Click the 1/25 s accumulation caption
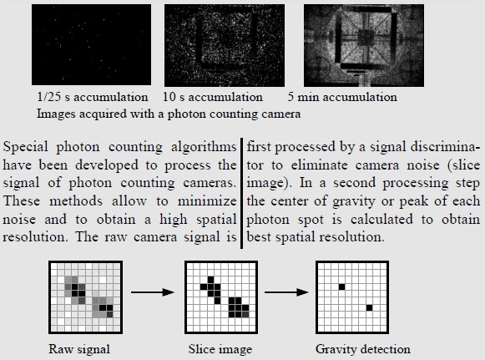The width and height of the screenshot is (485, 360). click(92, 97)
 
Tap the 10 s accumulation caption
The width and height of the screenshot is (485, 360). click(213, 97)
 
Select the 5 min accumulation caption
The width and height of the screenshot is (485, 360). click(342, 97)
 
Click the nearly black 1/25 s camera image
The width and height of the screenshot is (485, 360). click(92, 44)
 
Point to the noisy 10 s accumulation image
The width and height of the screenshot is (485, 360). click(225, 45)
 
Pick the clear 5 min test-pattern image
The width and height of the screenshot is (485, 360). click(364, 45)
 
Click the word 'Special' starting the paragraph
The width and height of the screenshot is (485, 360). click(26, 147)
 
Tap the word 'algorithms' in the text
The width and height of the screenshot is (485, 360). click(204, 147)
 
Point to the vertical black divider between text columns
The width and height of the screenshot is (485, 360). click(241, 194)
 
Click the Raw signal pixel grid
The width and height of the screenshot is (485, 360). click(85, 297)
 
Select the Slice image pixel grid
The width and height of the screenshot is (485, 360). click(221, 297)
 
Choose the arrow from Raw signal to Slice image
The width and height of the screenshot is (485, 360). click(153, 292)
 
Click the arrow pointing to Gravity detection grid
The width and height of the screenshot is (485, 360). click(286, 292)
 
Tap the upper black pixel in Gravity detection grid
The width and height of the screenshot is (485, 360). click(341, 287)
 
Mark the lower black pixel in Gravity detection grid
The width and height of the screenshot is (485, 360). click(369, 307)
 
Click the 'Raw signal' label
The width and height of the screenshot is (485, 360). click(79, 349)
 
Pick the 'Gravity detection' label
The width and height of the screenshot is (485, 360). click(363, 349)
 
